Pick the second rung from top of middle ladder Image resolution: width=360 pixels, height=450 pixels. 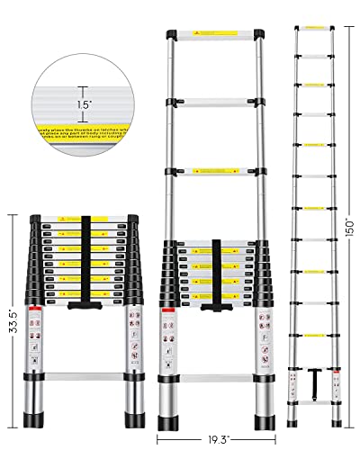(212, 101)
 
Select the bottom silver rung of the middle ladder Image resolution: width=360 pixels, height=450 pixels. (215, 379)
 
